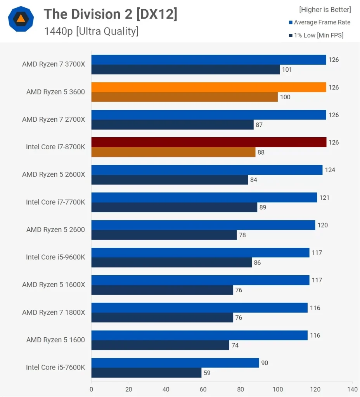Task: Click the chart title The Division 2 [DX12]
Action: tap(111, 14)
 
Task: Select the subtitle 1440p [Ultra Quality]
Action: tap(91, 31)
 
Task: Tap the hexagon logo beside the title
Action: tap(21, 19)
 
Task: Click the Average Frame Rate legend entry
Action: tap(322, 22)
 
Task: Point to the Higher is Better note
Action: tap(325, 10)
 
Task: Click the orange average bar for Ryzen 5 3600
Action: tap(209, 87)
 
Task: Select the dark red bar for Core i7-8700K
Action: tap(209, 142)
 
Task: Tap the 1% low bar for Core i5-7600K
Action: tap(146, 373)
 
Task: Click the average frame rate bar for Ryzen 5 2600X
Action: tap(207, 170)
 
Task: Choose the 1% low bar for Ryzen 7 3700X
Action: tap(185, 69)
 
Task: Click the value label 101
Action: tap(287, 70)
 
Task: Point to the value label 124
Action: tap(330, 170)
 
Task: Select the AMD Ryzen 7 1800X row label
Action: tap(54, 312)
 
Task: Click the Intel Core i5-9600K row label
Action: tap(55, 257)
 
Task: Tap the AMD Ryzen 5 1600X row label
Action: tap(54, 285)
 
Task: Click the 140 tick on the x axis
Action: tap(352, 389)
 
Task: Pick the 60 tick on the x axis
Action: tap(203, 389)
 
